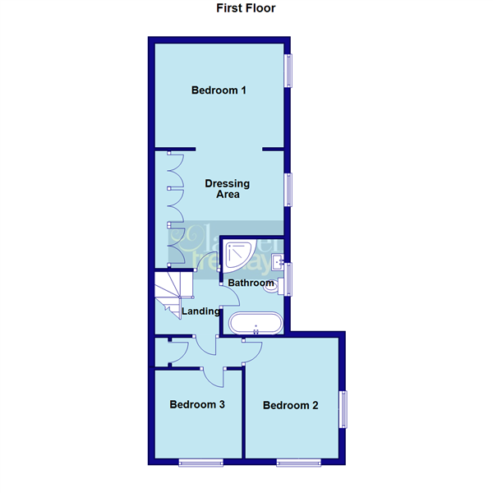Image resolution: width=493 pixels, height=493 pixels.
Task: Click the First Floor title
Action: click(246, 9)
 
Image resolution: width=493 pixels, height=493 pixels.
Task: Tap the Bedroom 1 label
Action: click(219, 90)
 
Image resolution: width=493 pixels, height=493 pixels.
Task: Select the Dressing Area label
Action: click(228, 189)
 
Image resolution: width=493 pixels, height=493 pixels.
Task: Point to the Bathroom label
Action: click(251, 283)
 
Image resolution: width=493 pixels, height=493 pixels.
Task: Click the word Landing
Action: click(200, 311)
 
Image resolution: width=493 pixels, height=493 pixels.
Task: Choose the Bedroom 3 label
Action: click(197, 404)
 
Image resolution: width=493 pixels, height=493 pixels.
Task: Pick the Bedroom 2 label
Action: click(290, 405)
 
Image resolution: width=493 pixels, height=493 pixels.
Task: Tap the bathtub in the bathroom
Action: click(257, 324)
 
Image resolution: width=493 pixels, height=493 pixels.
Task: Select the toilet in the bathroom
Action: click(282, 285)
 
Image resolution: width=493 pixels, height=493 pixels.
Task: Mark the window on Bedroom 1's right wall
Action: click(288, 70)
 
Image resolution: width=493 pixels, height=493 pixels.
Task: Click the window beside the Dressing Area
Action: click(288, 189)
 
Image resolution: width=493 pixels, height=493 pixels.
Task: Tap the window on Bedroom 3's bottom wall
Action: click(200, 463)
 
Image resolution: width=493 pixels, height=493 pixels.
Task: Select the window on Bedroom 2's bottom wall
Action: click(295, 463)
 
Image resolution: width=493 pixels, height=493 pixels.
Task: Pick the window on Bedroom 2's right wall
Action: click(344, 408)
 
